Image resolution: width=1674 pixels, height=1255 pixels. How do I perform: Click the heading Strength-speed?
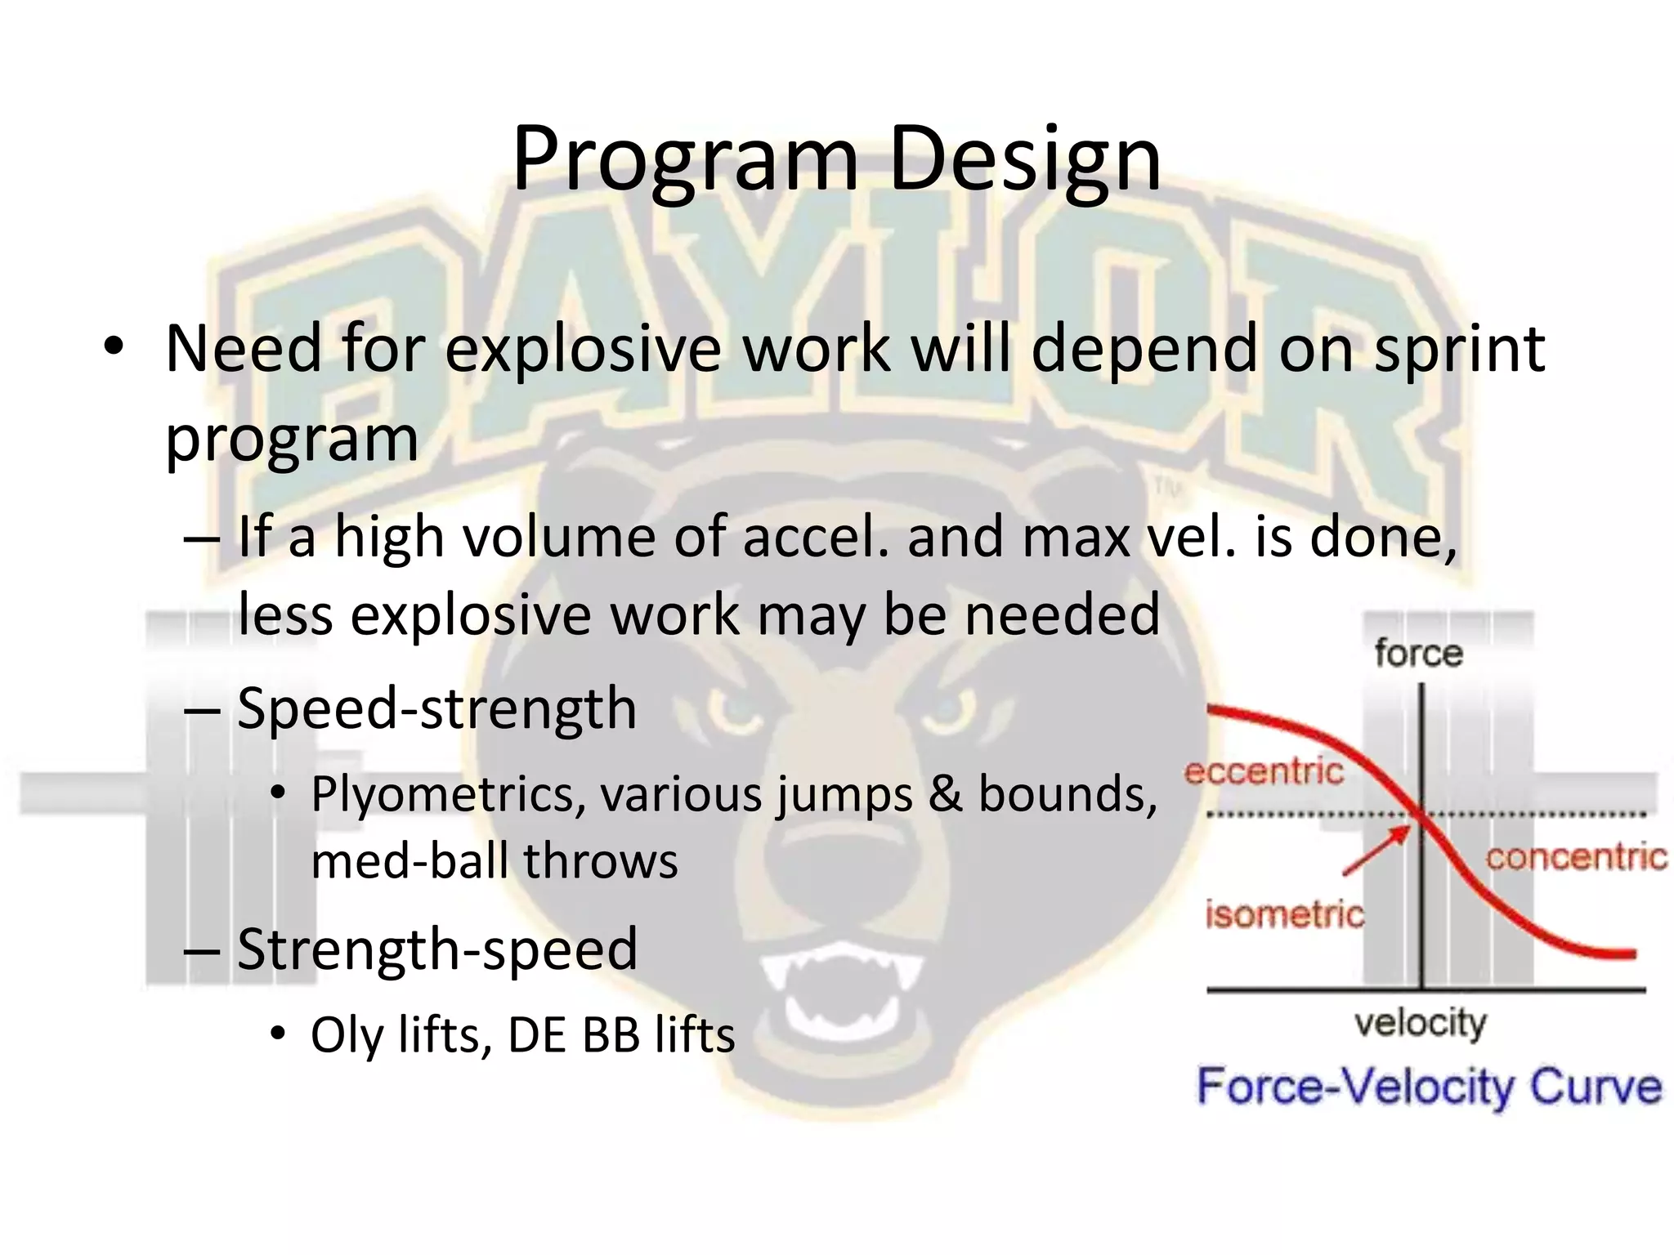pyautogui.click(x=436, y=949)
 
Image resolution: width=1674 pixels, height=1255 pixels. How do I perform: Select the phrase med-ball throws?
pyautogui.click(x=495, y=861)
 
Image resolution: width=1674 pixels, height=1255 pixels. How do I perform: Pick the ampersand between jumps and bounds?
pyautogui.click(x=945, y=794)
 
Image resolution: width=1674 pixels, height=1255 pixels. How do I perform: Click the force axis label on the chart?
pyautogui.click(x=1418, y=654)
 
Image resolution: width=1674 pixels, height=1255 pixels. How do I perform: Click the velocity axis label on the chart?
pyautogui.click(x=1421, y=1023)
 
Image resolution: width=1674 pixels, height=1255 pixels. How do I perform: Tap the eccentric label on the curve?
pyautogui.click(x=1264, y=771)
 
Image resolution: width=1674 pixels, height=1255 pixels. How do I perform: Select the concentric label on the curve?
pyautogui.click(x=1576, y=858)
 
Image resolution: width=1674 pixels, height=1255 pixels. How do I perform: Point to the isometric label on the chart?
pyautogui.click(x=1285, y=914)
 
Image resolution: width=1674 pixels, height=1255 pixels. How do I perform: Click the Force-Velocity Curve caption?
pyautogui.click(x=1429, y=1088)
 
